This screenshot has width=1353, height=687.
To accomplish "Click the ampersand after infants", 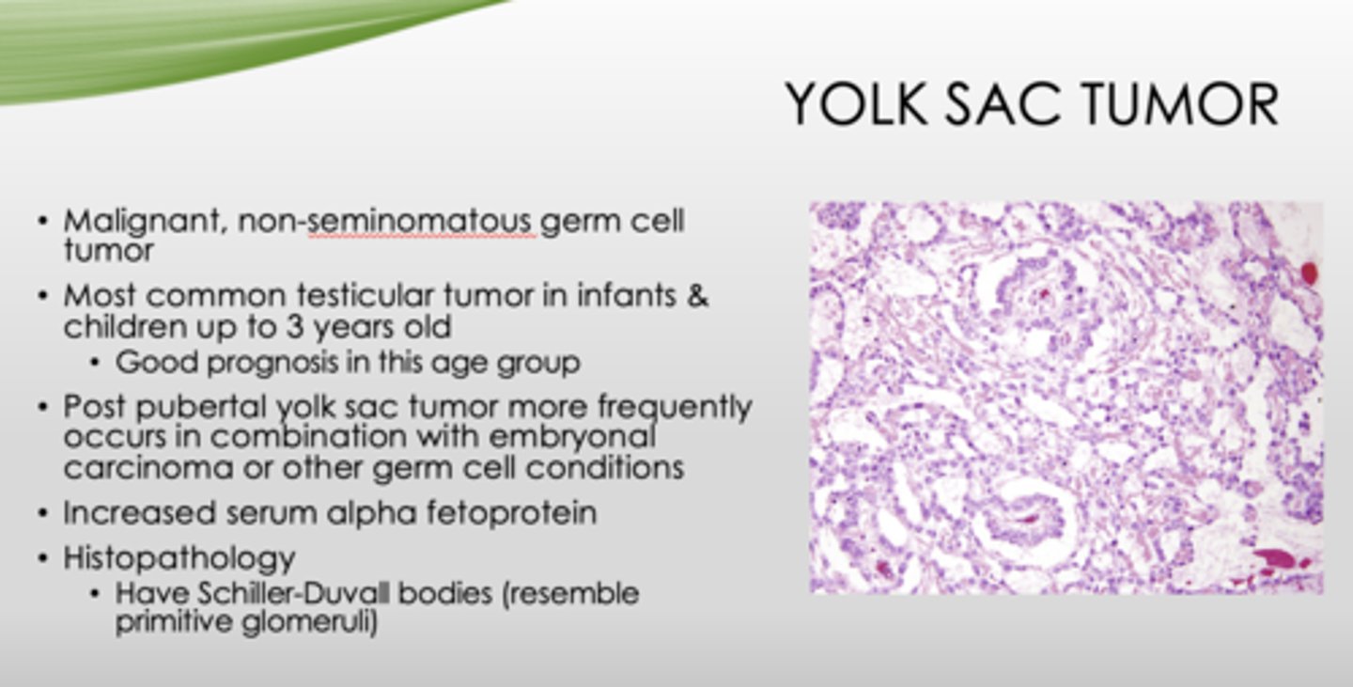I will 696,296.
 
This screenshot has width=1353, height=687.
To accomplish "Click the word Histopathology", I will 179,558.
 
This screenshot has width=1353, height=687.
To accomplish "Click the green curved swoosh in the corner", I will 188,42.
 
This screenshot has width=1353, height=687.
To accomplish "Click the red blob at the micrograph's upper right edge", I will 1308,273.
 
